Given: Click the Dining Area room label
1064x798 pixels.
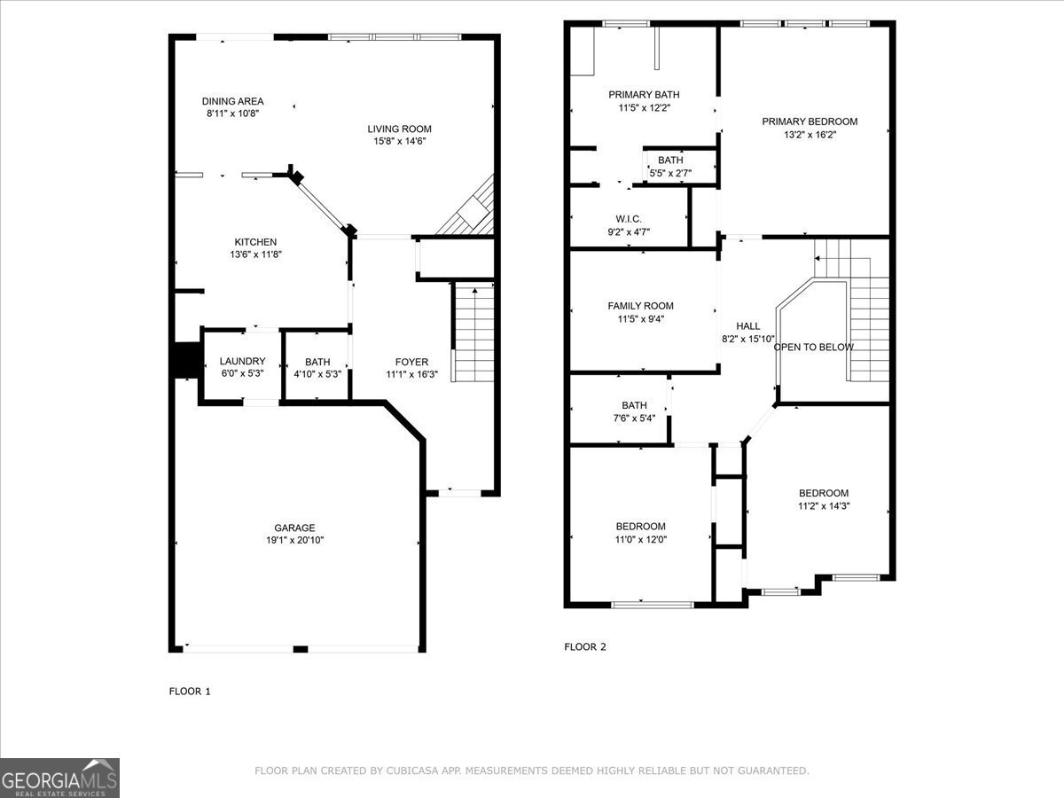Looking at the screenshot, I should click(x=232, y=101).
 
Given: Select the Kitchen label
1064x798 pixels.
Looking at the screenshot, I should click(x=255, y=242).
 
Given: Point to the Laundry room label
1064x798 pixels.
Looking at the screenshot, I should click(x=242, y=361).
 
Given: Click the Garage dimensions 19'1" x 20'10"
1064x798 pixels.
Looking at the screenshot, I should click(x=294, y=540).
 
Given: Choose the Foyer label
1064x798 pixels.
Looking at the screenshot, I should click(x=411, y=362).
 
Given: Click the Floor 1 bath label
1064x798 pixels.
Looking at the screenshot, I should click(x=317, y=362).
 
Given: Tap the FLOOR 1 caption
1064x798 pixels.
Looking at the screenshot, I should click(x=190, y=691).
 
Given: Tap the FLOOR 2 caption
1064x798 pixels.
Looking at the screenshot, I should click(x=585, y=646).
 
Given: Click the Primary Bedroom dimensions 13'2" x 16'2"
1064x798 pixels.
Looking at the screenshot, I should click(x=810, y=135).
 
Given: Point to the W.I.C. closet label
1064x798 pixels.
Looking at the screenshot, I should click(x=628, y=219).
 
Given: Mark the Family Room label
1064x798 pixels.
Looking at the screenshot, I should click(x=640, y=306).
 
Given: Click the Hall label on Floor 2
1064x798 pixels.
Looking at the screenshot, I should click(x=747, y=326).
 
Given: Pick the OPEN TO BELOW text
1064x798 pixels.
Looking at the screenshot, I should click(x=813, y=347).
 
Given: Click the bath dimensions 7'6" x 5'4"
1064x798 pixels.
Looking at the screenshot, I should click(x=633, y=419).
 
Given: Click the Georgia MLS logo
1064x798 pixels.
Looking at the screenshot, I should click(x=59, y=778).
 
